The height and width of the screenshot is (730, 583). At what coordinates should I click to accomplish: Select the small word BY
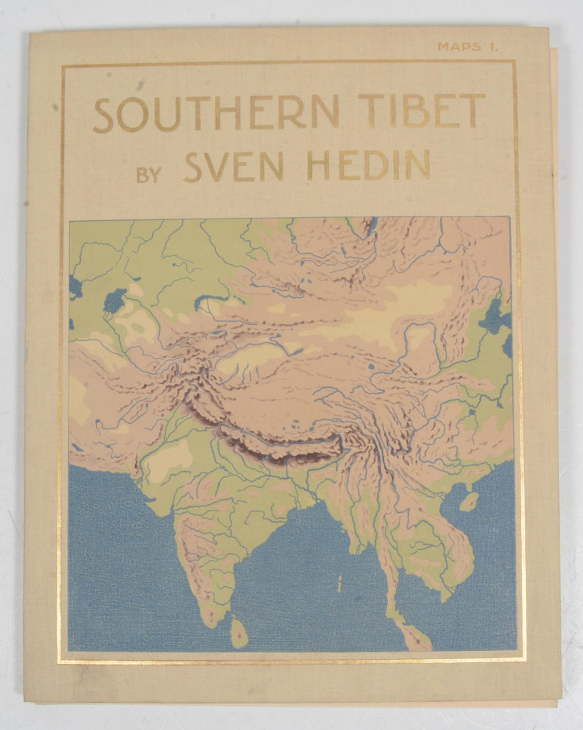coord(149,174)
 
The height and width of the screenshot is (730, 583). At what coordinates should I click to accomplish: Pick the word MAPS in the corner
coord(458,48)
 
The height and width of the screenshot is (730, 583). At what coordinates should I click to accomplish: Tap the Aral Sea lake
coord(117,299)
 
